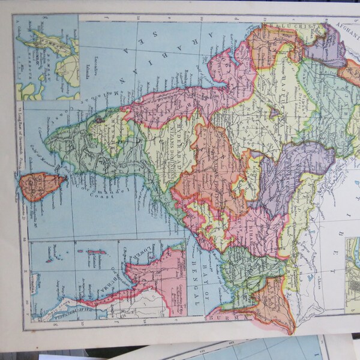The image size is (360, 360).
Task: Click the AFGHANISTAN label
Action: coord(344,30)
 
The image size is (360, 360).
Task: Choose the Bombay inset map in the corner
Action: coord(46,57)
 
